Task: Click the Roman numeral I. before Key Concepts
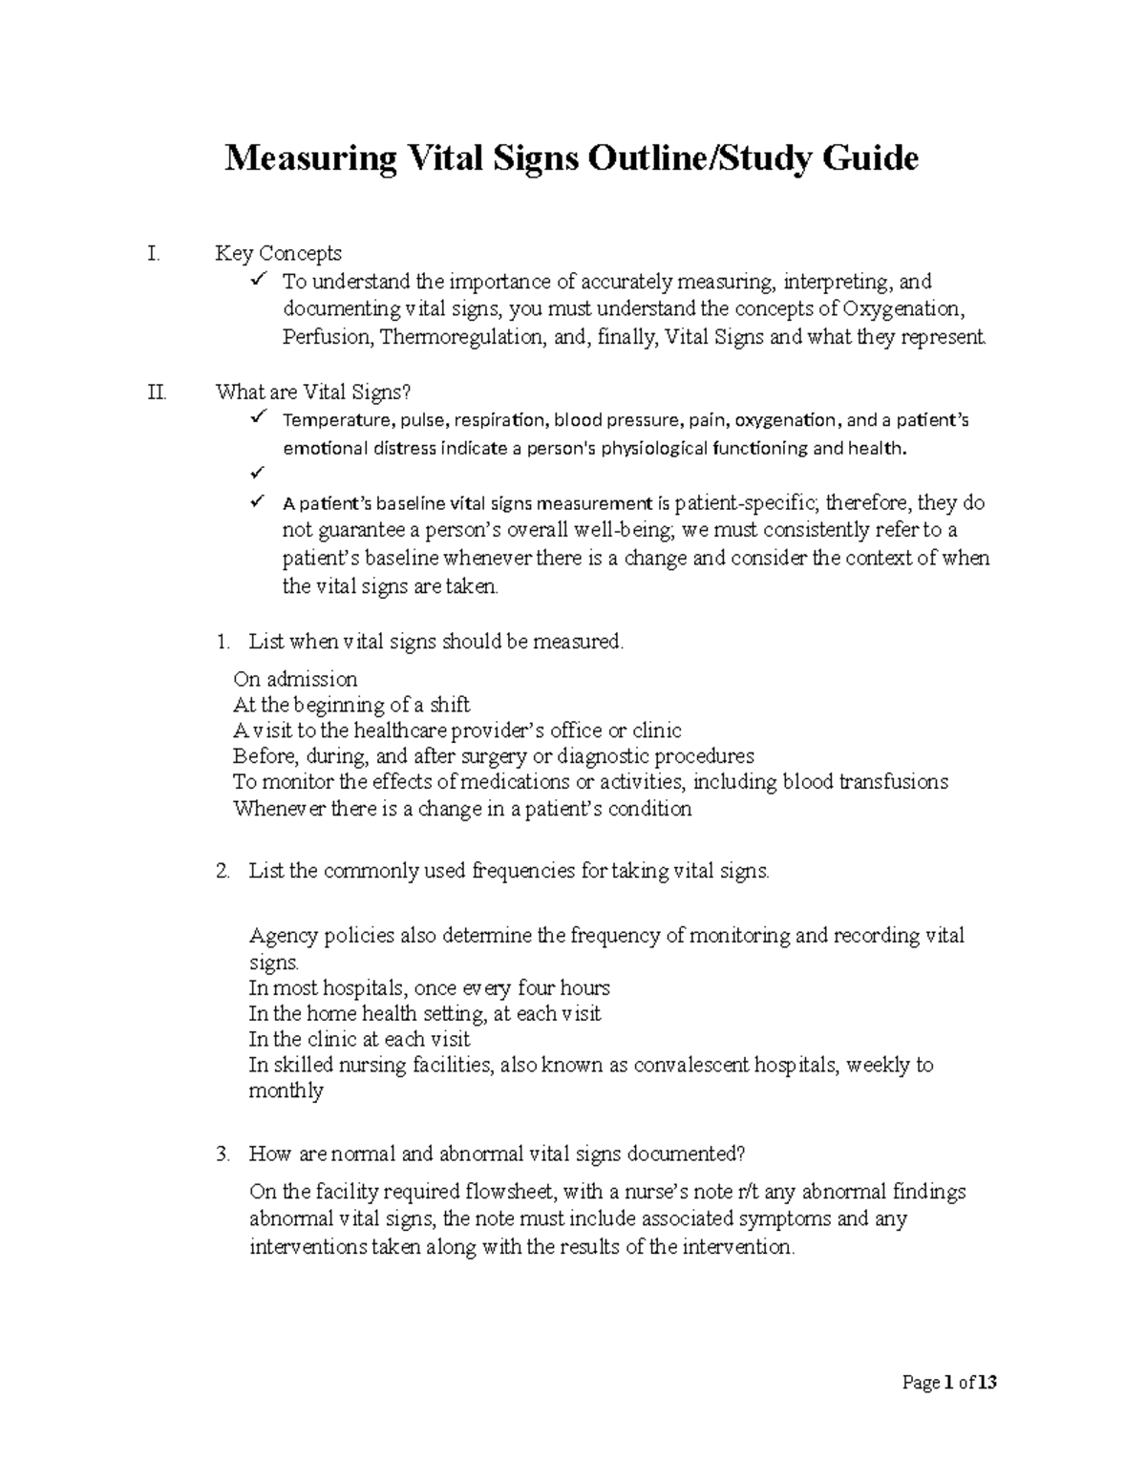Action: (153, 254)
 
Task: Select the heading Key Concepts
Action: (278, 254)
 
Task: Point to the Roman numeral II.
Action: (157, 392)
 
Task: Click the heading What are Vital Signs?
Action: (316, 392)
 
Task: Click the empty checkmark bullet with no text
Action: (256, 474)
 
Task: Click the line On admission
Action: (295, 679)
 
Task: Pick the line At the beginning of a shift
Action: (351, 705)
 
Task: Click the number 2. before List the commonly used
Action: (223, 871)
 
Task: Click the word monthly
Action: (286, 1091)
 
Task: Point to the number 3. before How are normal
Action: (223, 1154)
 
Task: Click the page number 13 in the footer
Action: (987, 1383)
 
